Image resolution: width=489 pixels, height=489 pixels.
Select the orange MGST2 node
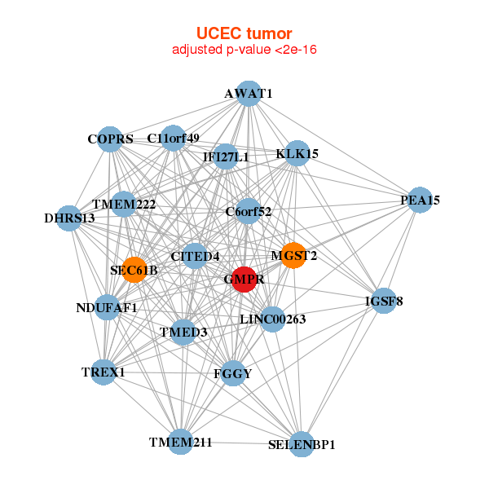click(x=293, y=255)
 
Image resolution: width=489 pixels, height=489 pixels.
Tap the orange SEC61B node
click(x=134, y=270)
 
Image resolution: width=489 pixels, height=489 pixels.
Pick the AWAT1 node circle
click(x=249, y=95)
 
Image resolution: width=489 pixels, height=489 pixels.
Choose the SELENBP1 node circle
click(x=302, y=444)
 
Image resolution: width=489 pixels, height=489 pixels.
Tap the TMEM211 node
click(x=181, y=442)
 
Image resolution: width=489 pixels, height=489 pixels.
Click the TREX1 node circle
click(x=104, y=372)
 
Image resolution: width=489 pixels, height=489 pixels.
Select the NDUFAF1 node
click(x=107, y=307)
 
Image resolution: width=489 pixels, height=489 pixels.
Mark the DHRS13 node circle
click(x=70, y=218)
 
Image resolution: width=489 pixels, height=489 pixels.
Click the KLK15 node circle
click(x=297, y=153)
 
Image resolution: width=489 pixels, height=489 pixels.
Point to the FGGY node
click(x=233, y=373)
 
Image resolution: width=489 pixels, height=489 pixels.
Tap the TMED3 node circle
click(x=183, y=332)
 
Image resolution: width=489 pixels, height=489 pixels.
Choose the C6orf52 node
click(x=248, y=212)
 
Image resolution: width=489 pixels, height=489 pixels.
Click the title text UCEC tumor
click(x=244, y=33)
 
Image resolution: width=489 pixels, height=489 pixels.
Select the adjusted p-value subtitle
click(x=244, y=50)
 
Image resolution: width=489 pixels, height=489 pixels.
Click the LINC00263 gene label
click(x=272, y=319)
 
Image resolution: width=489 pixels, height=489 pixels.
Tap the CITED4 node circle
click(x=196, y=256)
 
